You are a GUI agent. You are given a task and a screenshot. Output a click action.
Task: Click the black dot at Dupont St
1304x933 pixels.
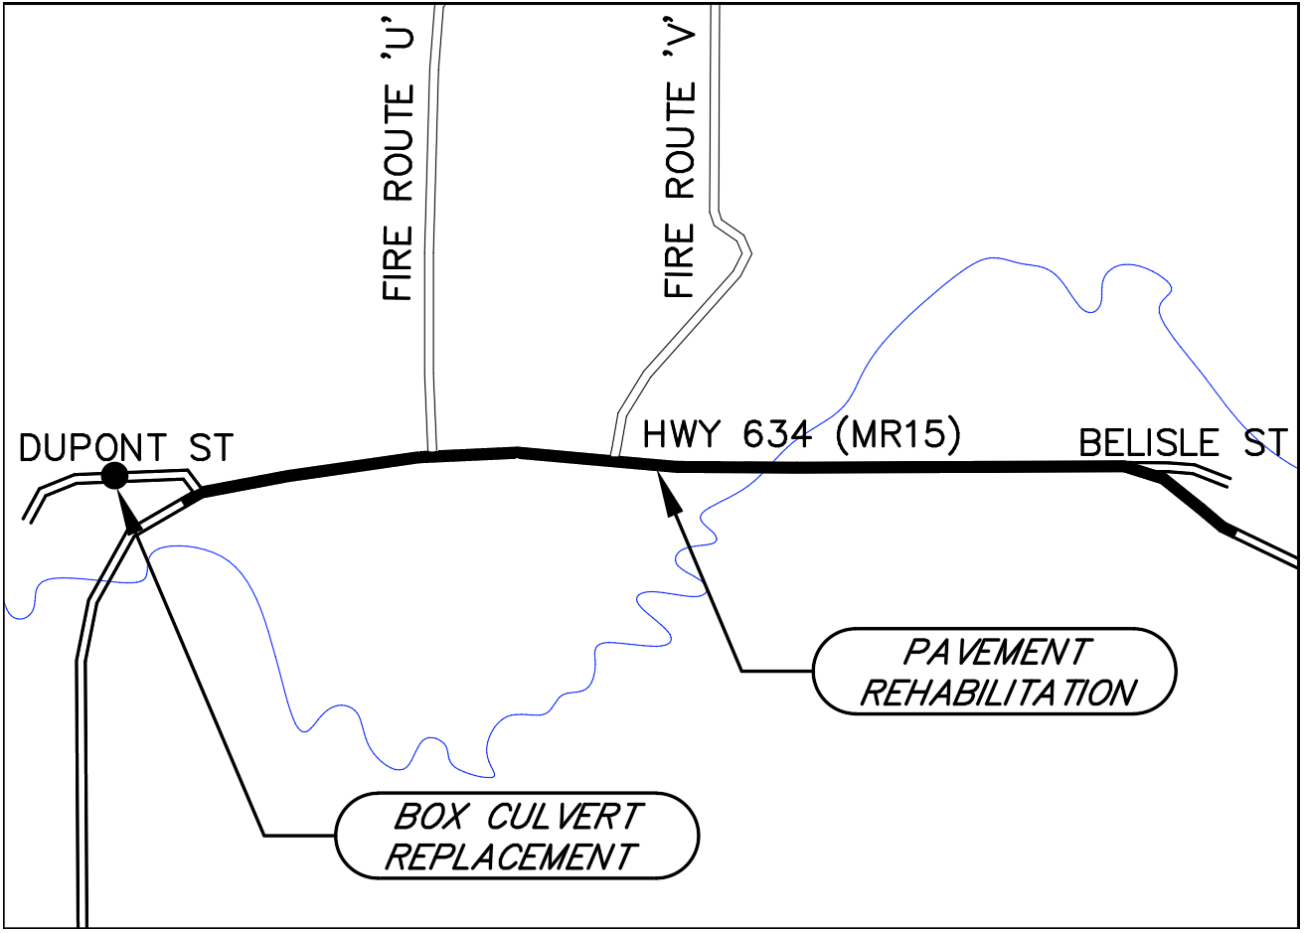[x=114, y=476]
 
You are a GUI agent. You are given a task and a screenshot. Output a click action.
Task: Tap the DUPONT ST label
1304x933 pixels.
[x=126, y=448]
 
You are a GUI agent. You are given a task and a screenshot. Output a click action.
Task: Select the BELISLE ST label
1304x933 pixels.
[x=1183, y=443]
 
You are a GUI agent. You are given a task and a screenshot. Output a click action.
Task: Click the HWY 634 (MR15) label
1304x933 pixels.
[x=801, y=435]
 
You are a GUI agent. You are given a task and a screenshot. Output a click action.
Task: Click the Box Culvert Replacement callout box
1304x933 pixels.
[x=517, y=836]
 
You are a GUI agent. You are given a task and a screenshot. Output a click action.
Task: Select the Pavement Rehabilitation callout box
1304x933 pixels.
[x=995, y=672]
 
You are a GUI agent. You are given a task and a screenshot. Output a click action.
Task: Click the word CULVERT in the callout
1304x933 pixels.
[x=564, y=817]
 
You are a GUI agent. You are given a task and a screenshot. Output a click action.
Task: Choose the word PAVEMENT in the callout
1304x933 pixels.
[x=996, y=653]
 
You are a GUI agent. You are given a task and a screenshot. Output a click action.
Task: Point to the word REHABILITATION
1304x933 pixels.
[x=997, y=693]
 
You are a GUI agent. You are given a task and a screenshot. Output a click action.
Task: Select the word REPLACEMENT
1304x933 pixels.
[x=510, y=856]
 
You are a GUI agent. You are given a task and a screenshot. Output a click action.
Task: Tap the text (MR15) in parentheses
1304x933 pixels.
[x=899, y=435]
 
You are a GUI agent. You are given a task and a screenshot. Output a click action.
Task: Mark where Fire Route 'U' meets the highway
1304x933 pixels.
[x=430, y=455]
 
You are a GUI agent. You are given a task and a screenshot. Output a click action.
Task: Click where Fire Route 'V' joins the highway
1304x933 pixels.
[x=614, y=458]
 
